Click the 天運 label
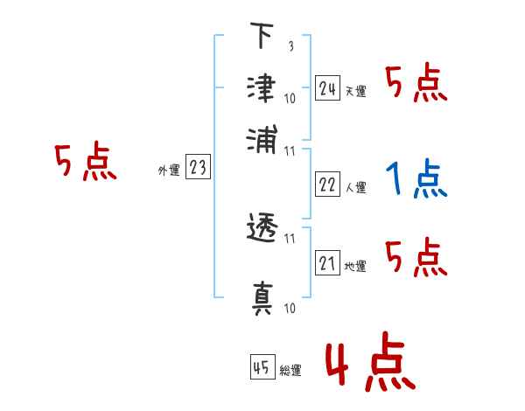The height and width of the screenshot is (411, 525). (356, 91)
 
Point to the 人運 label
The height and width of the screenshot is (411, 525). (356, 187)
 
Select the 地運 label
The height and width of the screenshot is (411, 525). (356, 266)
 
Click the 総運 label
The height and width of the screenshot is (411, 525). (290, 370)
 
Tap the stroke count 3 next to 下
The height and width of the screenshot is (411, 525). (290, 46)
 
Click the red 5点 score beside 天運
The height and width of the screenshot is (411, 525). (416, 85)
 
